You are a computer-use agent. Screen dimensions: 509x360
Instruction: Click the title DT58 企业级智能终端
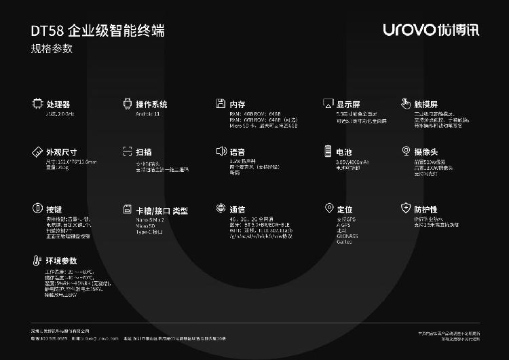(97, 31)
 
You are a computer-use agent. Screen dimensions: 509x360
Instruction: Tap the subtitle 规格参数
(52, 49)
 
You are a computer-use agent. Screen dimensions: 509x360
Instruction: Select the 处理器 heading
(58, 105)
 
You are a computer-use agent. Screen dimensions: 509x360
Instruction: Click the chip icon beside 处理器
(37, 104)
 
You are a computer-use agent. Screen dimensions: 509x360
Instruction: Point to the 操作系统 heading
(151, 105)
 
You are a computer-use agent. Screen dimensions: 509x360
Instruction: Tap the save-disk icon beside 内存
(220, 104)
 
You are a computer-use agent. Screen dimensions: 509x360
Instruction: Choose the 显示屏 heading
(348, 105)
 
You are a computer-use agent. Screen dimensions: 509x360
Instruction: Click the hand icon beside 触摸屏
(405, 104)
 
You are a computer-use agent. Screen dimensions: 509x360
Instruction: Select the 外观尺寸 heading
(61, 151)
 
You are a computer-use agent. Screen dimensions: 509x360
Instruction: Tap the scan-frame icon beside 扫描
(126, 151)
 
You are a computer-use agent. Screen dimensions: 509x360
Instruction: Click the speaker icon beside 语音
(220, 151)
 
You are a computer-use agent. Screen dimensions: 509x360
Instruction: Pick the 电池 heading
(344, 151)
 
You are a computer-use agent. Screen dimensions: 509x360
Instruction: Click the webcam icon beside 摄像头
(405, 151)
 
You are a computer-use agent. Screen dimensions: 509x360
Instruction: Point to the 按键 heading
(54, 210)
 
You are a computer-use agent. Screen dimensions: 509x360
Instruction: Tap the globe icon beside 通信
(220, 209)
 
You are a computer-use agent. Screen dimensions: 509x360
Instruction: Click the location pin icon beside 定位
(329, 209)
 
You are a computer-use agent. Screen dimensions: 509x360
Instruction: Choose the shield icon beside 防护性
(405, 209)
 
